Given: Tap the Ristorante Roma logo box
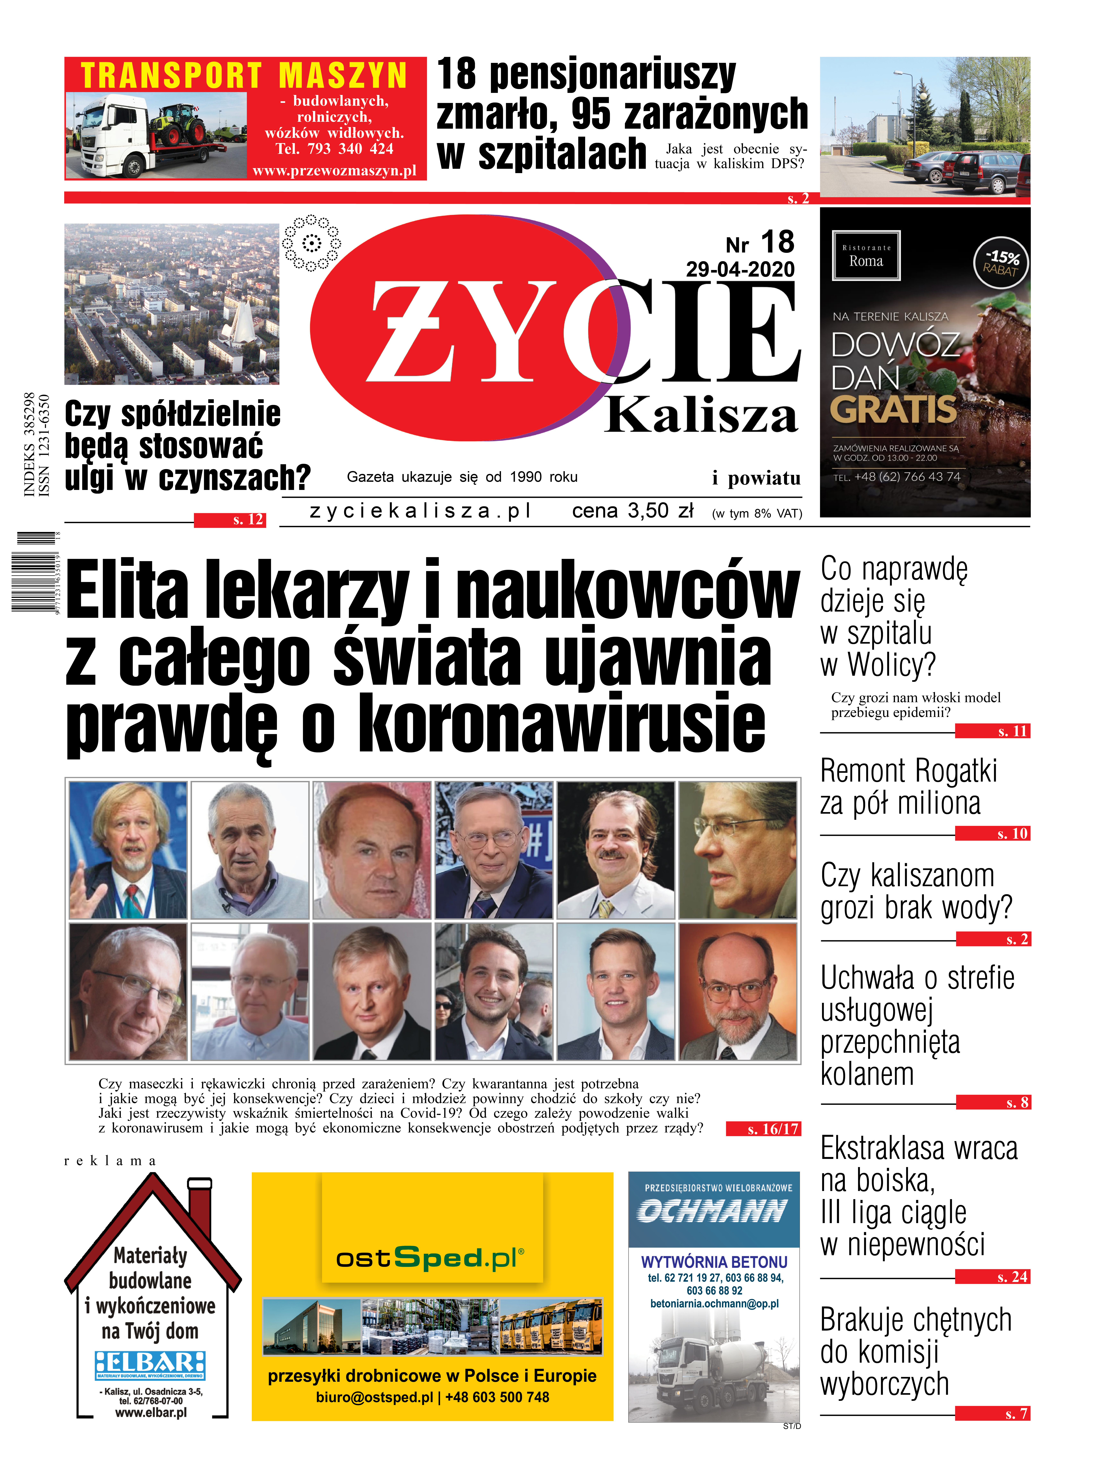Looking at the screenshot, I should tap(866, 256).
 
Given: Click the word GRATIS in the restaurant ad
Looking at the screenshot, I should tap(894, 409).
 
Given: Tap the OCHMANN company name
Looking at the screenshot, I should tap(713, 1212).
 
